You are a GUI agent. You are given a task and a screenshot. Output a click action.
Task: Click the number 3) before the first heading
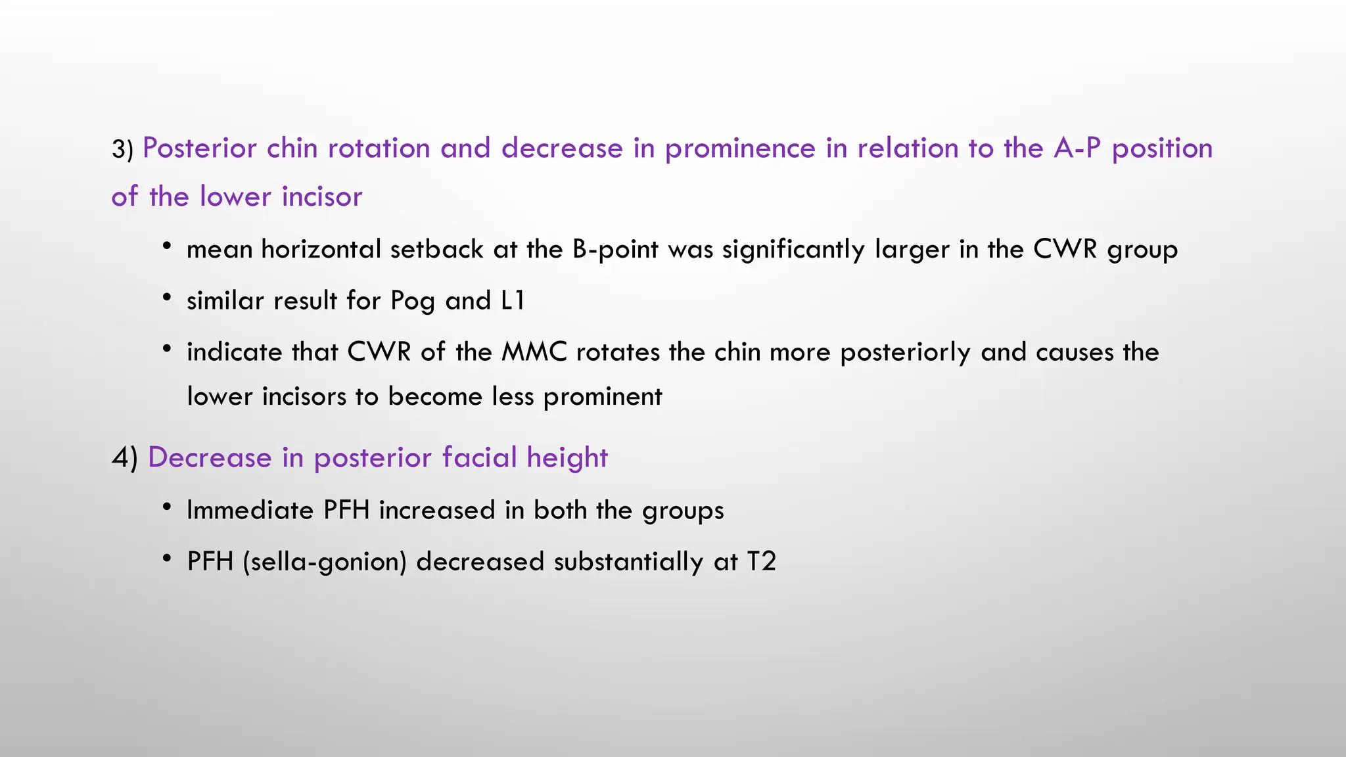[x=122, y=150]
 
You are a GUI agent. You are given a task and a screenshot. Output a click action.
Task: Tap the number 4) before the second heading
[x=124, y=458]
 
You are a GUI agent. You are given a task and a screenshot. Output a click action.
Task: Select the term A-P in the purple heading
[x=1077, y=149]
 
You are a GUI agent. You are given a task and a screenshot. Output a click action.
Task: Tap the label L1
[x=513, y=300]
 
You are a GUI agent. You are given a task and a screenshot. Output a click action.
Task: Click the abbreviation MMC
[x=534, y=352]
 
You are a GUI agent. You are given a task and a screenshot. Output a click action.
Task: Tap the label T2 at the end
[x=762, y=562]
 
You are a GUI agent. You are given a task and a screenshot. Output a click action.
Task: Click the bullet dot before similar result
[x=168, y=298]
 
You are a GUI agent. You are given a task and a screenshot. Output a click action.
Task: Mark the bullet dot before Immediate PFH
[x=168, y=508]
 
